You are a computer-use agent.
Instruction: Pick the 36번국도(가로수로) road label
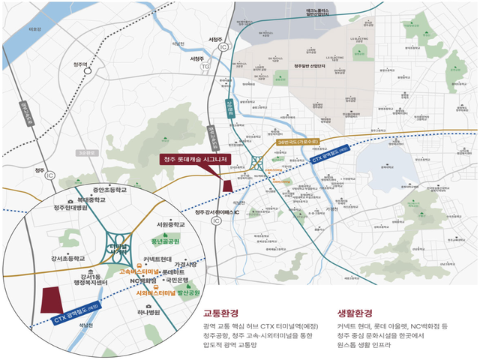[298, 140]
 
